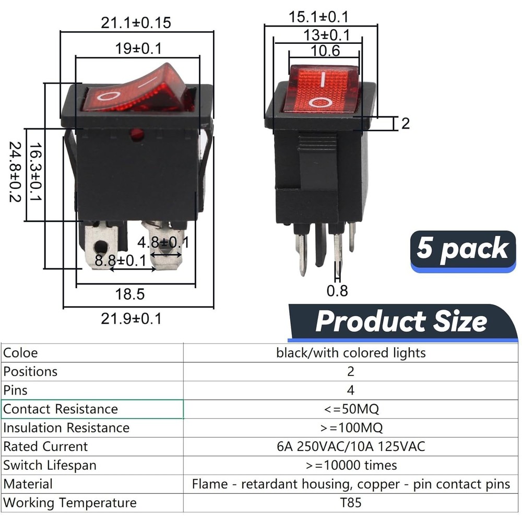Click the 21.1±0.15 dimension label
click(136, 22)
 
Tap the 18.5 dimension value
click(129, 294)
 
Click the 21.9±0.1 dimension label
click(131, 318)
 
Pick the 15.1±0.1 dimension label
click(318, 17)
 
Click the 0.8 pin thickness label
click(337, 290)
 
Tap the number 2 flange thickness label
click(405, 124)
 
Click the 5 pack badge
click(462, 249)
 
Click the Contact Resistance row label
click(61, 409)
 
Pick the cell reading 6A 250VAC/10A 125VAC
click(351, 447)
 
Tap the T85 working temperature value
click(350, 503)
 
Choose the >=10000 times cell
click(351, 465)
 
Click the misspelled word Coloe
click(20, 353)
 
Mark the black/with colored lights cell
click(351, 353)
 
